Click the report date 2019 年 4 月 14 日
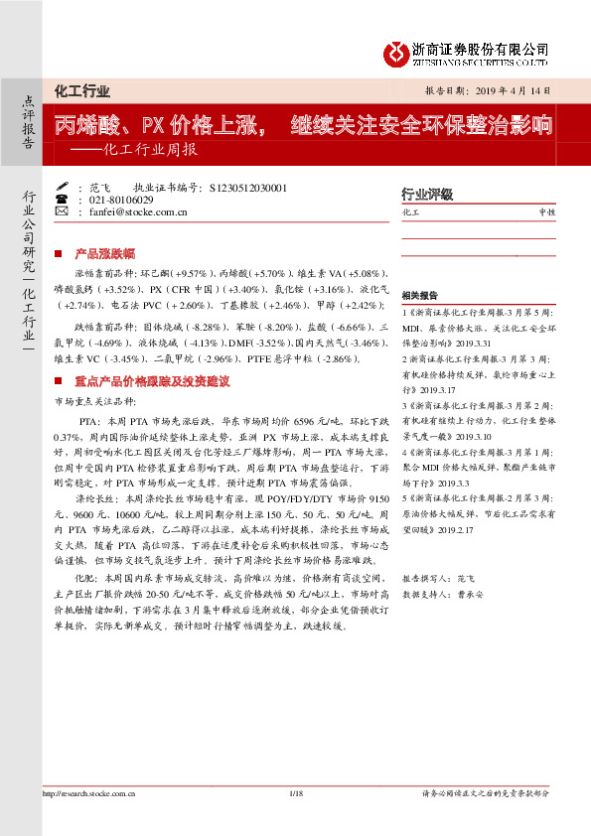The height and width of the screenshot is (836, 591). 512,90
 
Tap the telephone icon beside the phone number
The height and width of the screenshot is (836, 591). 64,200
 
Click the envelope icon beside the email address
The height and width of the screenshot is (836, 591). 64,212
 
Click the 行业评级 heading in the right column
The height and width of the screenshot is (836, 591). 427,195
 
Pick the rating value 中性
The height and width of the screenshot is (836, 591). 546,212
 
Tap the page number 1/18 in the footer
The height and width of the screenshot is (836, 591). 295,793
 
